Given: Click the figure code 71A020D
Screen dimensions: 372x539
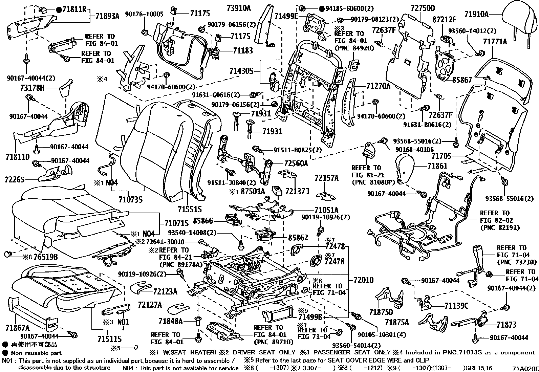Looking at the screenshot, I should pyautogui.click(x=524, y=368).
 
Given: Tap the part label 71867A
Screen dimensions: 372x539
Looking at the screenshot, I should pyautogui.click(x=18, y=328).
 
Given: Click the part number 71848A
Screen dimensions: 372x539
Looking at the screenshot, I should pyautogui.click(x=171, y=321).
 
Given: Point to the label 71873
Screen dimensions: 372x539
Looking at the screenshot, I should pyautogui.click(x=506, y=325).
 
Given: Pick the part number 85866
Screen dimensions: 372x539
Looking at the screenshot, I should pyautogui.click(x=203, y=221).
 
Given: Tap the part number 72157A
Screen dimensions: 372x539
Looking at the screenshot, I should pyautogui.click(x=326, y=178).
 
